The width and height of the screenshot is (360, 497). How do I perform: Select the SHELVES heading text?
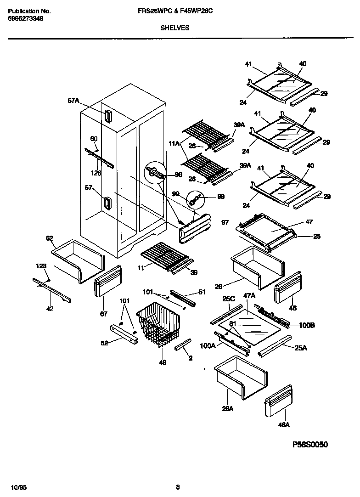pyautogui.click(x=174, y=28)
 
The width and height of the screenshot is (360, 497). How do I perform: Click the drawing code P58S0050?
pyautogui.click(x=310, y=445)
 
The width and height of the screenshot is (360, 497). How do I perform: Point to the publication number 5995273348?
pyautogui.click(x=26, y=19)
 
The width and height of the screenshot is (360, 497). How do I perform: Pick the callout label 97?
pyautogui.click(x=225, y=223)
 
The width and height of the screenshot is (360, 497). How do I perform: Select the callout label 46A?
pyautogui.click(x=284, y=425)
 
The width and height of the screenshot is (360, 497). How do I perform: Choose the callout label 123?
pyautogui.click(x=42, y=266)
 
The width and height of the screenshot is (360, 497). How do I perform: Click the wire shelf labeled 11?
pyautogui.click(x=164, y=256)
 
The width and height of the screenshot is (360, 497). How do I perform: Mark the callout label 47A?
pyautogui.click(x=249, y=297)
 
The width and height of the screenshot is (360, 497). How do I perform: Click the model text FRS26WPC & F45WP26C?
pyautogui.click(x=174, y=11)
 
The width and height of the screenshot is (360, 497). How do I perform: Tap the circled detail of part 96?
pyautogui.click(x=156, y=174)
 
